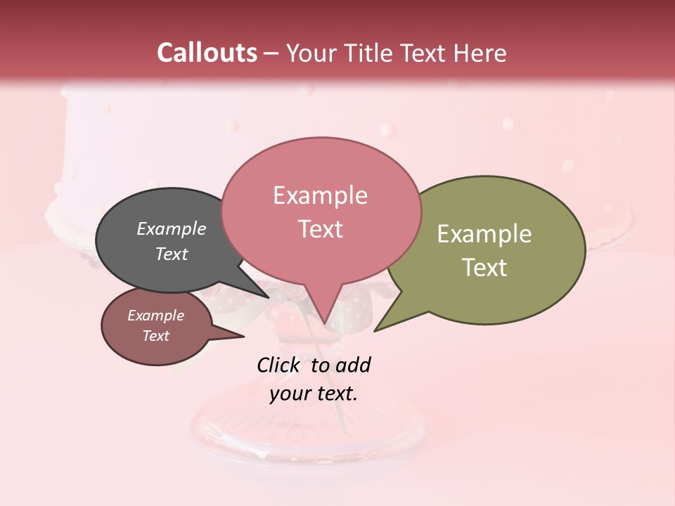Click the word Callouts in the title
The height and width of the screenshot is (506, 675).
207,53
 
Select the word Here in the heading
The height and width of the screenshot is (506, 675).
481,53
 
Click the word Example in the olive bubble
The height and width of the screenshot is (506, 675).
484,234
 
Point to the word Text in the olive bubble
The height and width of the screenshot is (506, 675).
484,268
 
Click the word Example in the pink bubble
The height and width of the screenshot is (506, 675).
320,195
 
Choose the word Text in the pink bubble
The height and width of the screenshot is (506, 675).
320,229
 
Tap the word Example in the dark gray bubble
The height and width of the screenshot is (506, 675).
171,229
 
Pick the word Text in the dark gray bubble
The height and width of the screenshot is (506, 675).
171,254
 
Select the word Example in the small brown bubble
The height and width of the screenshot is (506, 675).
155,316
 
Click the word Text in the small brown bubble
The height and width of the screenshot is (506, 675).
155,336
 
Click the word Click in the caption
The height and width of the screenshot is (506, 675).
278,365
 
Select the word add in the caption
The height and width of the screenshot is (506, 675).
353,365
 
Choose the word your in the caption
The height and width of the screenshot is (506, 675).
289,394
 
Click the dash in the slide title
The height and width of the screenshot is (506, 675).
271,53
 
